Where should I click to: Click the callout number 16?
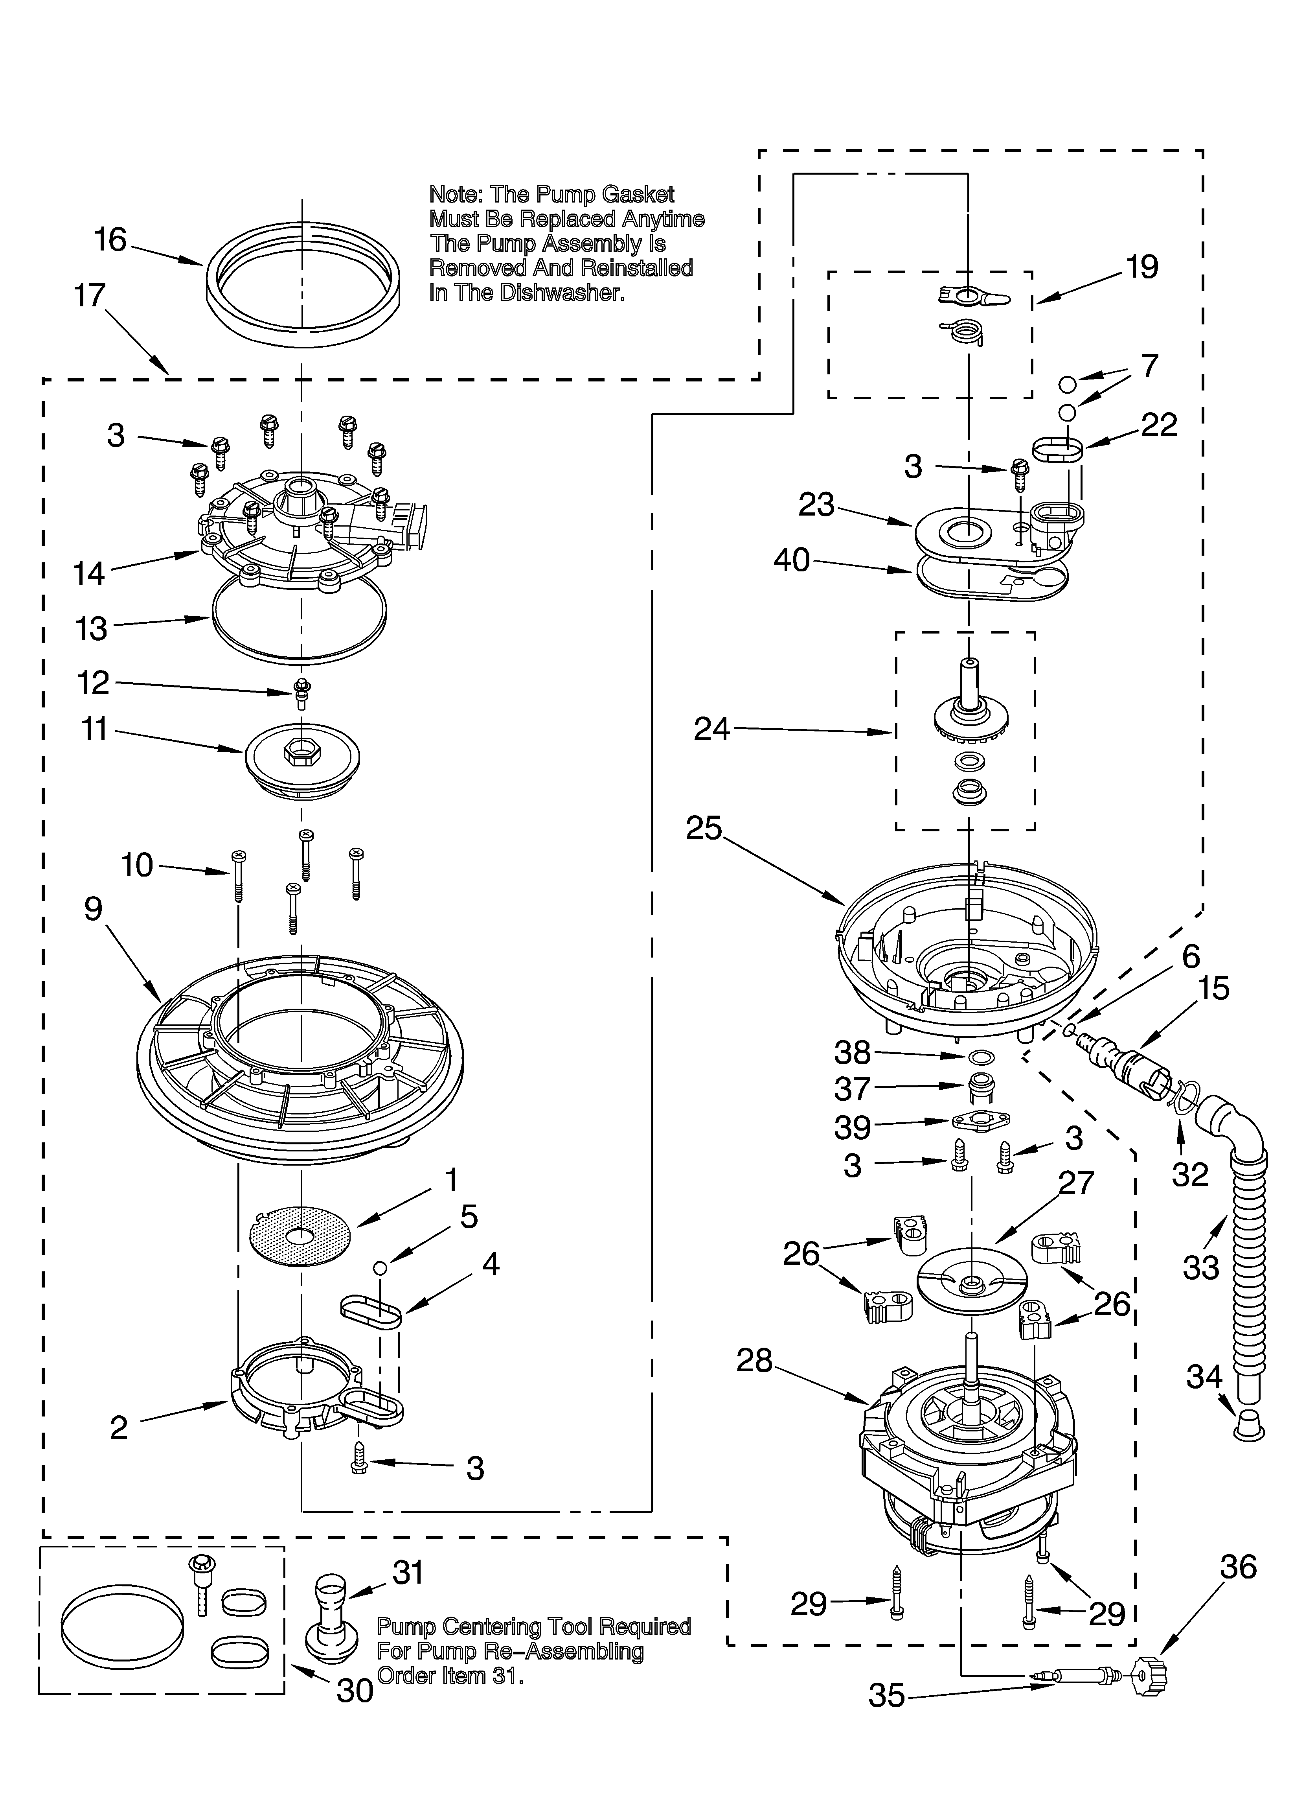(x=110, y=239)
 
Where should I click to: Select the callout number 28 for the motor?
(x=754, y=1360)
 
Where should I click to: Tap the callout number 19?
(x=1142, y=267)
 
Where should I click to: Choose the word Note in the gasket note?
(x=454, y=195)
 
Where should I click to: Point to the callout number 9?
(x=93, y=908)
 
